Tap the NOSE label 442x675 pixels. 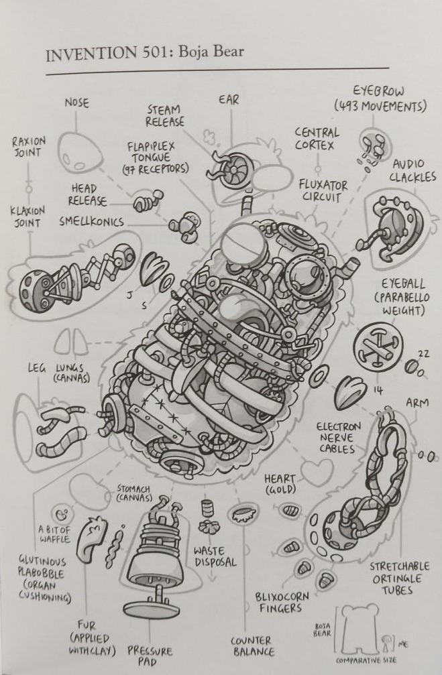tap(76, 103)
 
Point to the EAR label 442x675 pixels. tap(229, 99)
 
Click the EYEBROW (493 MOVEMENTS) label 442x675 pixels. tap(380, 99)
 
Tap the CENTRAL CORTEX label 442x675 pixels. tap(317, 139)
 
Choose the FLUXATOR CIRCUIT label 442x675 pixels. tap(324, 190)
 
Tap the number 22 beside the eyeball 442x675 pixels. tap(423, 354)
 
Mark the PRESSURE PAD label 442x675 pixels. tap(150, 656)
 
